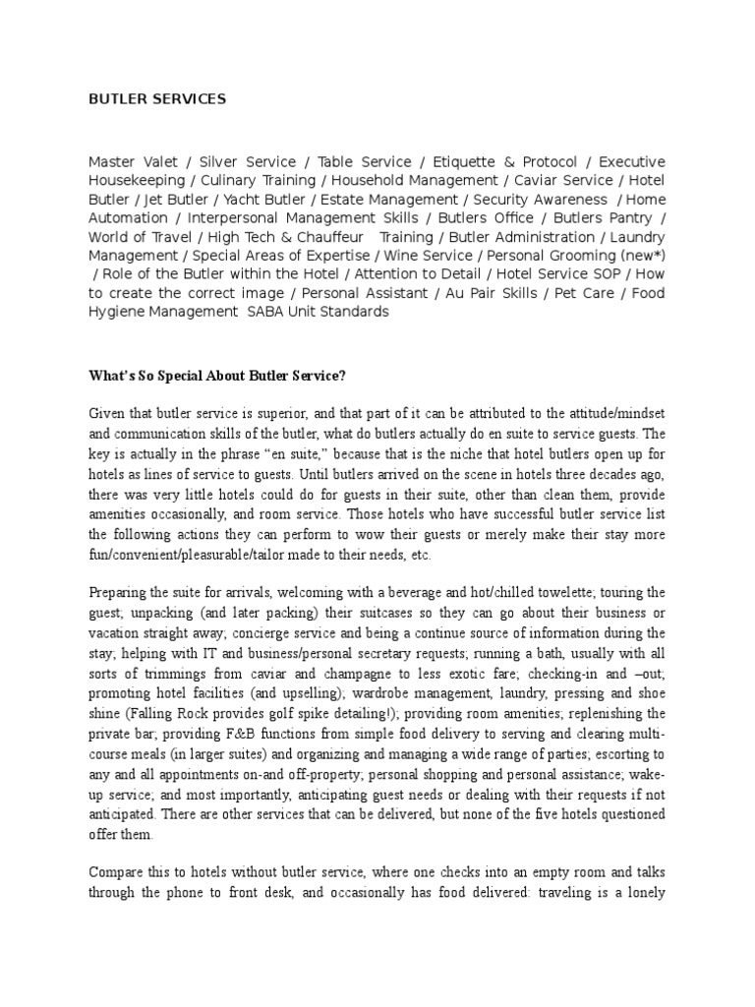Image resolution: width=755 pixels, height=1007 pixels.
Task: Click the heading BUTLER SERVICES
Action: pos(157,98)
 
